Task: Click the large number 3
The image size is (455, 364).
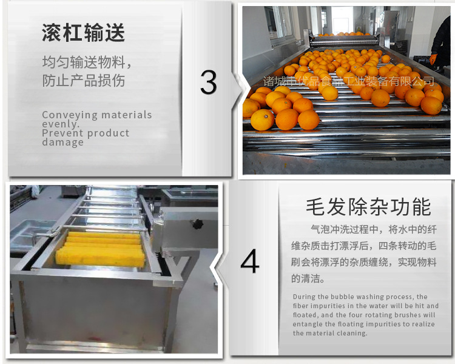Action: (208, 83)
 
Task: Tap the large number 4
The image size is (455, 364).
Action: (249, 262)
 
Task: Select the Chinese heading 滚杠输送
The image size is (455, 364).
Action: (84, 33)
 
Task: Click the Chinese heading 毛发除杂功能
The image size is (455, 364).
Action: (368, 207)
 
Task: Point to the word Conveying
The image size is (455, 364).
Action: (67, 115)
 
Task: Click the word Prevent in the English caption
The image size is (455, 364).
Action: (61, 133)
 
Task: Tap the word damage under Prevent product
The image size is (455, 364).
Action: (63, 143)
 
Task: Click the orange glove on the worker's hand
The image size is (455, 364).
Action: (433, 59)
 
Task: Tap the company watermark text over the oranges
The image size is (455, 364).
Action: (349, 81)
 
